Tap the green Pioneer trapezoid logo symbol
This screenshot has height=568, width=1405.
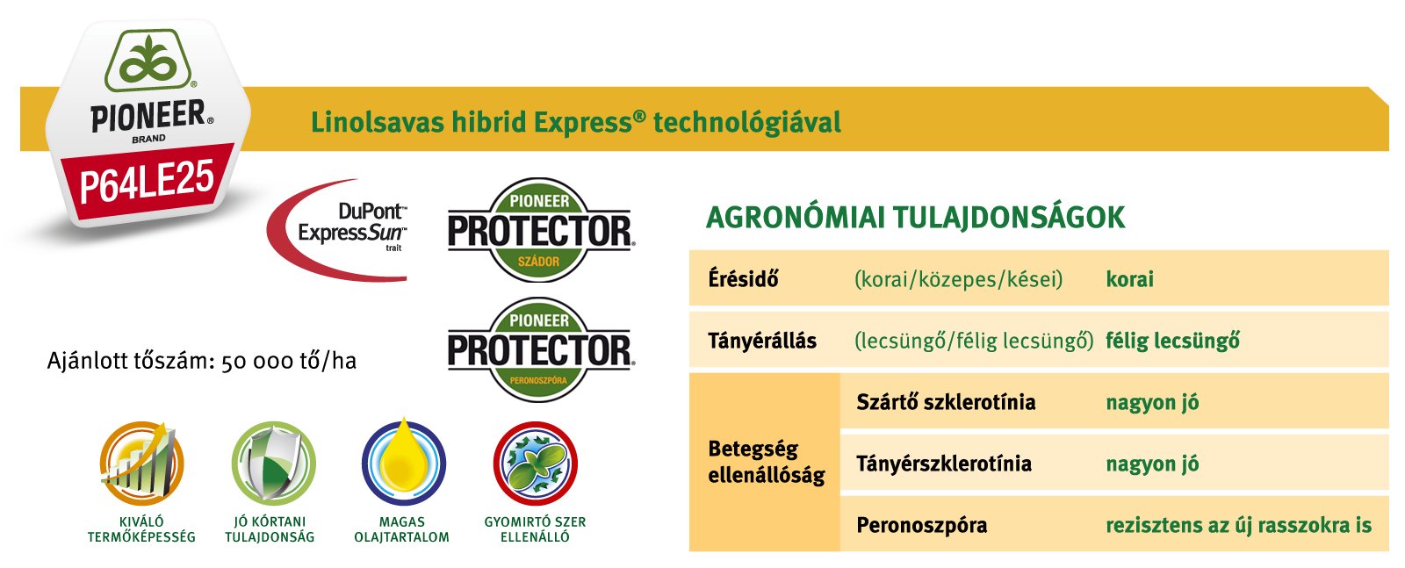pos(148,61)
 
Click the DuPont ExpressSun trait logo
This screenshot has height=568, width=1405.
pos(337,230)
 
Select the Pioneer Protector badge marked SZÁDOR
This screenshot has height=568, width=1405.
pos(539,230)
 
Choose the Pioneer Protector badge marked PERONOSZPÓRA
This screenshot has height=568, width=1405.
pos(539,349)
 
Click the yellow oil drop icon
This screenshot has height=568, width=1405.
pos(404,462)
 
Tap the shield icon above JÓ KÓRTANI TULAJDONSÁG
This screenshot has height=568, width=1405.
pos(273,464)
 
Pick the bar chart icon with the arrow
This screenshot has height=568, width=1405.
pos(142,464)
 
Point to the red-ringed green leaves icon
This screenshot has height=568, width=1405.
pos(535,464)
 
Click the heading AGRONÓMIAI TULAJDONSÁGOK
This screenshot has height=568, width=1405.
pos(916,218)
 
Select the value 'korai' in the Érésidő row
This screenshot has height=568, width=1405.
pos(1129,279)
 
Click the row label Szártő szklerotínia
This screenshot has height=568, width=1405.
pos(946,402)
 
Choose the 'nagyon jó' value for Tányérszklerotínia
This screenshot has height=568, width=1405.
pos(1152,464)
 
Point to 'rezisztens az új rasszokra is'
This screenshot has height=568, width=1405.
pos(1239,525)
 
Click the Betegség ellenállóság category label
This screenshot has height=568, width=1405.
pos(767,462)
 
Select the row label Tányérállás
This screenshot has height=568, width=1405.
pos(762,341)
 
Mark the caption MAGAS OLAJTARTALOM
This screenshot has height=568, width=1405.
pos(402,529)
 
